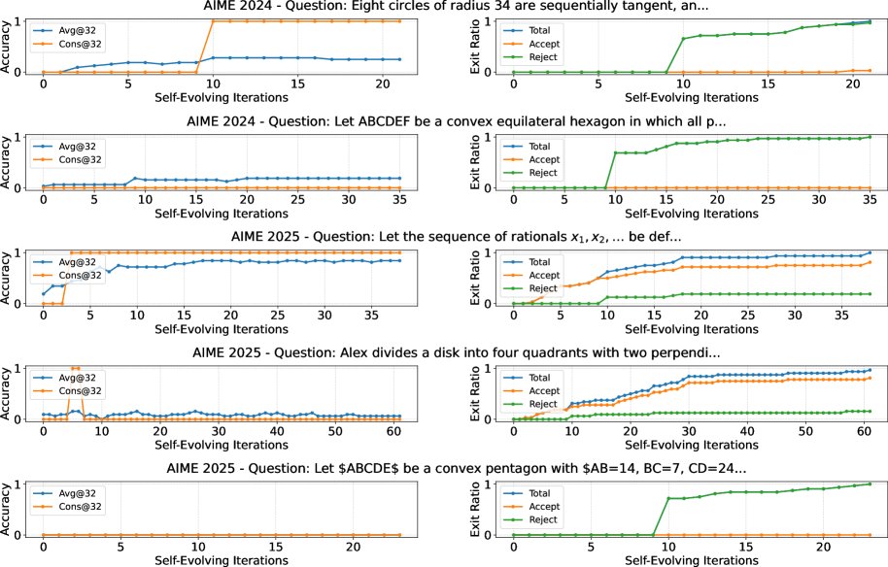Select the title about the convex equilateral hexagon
[443, 121]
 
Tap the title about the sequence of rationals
[443, 238]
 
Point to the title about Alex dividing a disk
[443, 353]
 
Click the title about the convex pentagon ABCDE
[443, 469]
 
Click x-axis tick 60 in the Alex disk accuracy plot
[390, 429]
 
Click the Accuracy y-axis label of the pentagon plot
[9, 509]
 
